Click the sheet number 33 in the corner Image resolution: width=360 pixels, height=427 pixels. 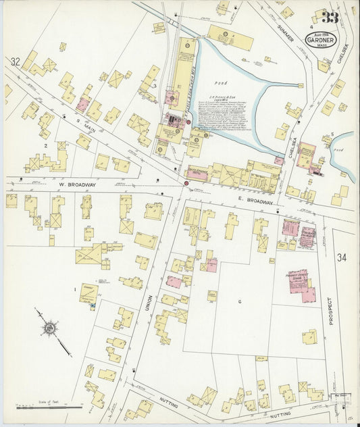coord(331,18)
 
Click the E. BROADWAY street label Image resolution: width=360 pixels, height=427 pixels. coord(255,201)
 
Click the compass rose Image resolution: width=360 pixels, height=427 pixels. coord(49,329)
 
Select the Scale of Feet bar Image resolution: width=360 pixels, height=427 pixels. coord(49,407)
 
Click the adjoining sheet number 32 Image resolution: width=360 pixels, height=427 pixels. coord(15,62)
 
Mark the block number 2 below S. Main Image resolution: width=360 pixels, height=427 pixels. coord(45,145)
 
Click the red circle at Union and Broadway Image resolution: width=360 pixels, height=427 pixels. coord(186,182)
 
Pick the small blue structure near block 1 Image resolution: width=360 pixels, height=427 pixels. coord(91,306)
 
